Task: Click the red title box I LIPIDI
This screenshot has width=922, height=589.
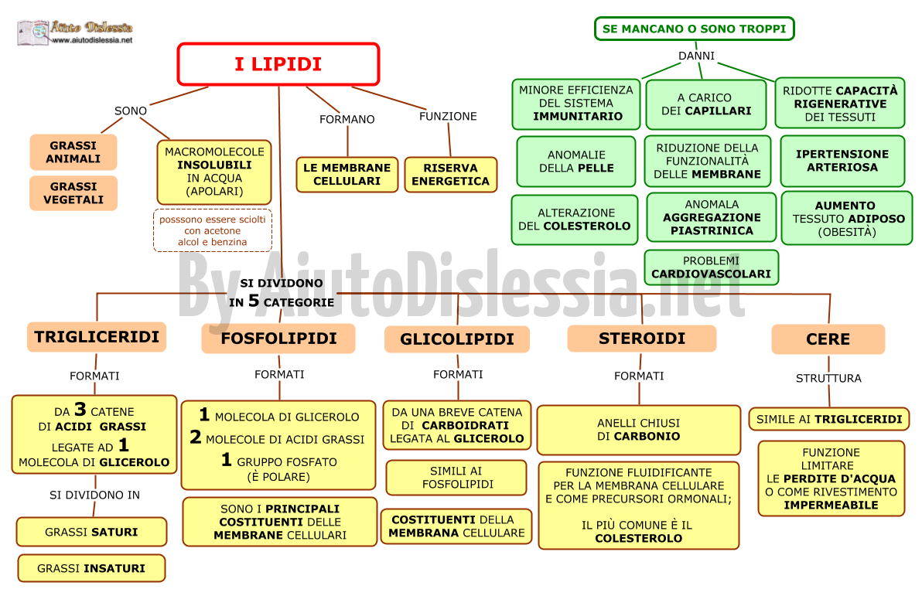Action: pyautogui.click(x=278, y=64)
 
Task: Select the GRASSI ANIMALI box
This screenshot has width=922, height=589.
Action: pyautogui.click(x=73, y=152)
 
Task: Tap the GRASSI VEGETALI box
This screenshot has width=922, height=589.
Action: pyautogui.click(x=73, y=192)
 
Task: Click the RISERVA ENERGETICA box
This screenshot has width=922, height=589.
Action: pyautogui.click(x=450, y=175)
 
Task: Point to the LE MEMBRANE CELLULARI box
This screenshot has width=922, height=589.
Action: pyautogui.click(x=347, y=175)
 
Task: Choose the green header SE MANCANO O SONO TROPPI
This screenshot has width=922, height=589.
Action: pyautogui.click(x=695, y=29)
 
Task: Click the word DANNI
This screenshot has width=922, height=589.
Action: pyautogui.click(x=697, y=56)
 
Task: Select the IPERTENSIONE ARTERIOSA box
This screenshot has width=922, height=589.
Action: pyautogui.click(x=842, y=161)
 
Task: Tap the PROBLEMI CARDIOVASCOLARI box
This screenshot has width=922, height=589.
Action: pyautogui.click(x=712, y=267)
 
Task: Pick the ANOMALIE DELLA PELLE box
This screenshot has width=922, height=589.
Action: pyautogui.click(x=576, y=162)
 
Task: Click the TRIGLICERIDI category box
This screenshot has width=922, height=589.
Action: pyautogui.click(x=97, y=337)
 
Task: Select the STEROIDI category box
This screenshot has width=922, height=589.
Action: pyautogui.click(x=642, y=339)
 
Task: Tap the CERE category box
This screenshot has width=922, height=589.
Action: pyautogui.click(x=828, y=339)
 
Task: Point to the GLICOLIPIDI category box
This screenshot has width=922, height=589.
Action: pyautogui.click(x=457, y=339)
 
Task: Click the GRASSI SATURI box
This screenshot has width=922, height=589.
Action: pyautogui.click(x=92, y=532)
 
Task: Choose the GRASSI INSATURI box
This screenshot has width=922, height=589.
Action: pyautogui.click(x=91, y=568)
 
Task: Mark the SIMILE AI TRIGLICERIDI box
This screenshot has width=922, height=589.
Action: pyautogui.click(x=829, y=419)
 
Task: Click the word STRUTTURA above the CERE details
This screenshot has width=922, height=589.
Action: pyautogui.click(x=828, y=379)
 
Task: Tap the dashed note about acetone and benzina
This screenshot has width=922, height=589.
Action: pyautogui.click(x=213, y=230)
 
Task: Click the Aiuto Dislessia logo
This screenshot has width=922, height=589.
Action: pyautogui.click(x=75, y=32)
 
